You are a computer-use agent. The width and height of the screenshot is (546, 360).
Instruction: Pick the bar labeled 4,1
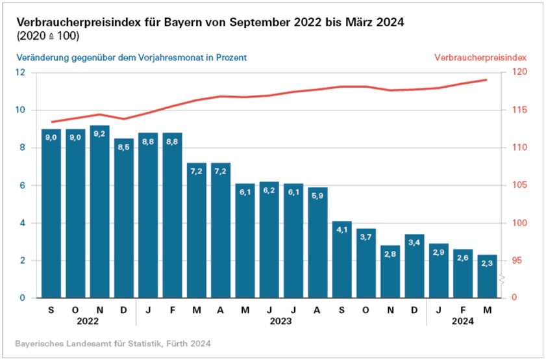pyautogui.click(x=342, y=259)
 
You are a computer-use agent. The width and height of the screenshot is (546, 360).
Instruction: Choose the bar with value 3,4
pyautogui.click(x=414, y=266)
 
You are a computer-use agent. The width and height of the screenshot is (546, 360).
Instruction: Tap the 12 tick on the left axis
pyautogui.click(x=20, y=72)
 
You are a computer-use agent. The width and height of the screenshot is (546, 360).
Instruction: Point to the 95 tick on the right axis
pyautogui.click(x=517, y=261)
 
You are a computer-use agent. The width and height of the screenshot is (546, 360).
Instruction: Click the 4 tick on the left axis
pyautogui.click(x=22, y=223)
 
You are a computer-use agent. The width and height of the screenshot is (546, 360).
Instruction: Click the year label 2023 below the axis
pyautogui.click(x=281, y=321)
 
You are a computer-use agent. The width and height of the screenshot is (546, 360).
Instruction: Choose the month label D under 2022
pyautogui.click(x=124, y=309)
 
